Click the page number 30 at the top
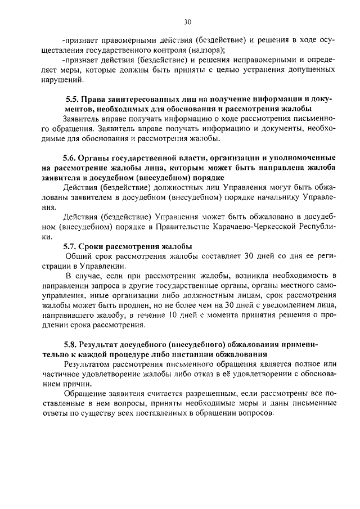click(187, 22)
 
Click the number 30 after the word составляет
click(249, 256)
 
